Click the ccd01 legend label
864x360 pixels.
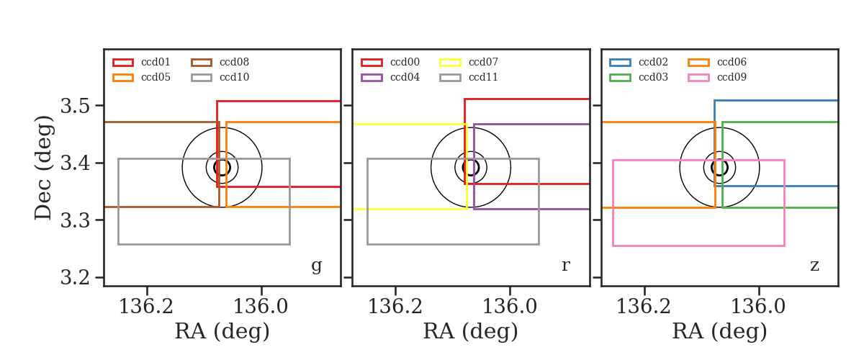(156, 62)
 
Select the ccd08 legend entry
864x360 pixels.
(234, 62)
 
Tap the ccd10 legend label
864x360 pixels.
(234, 77)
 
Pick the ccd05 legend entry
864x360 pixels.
(156, 77)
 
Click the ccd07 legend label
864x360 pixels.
(483, 62)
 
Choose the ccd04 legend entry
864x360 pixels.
(405, 77)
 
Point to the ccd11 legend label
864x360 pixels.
(483, 77)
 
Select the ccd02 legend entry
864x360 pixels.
(653, 62)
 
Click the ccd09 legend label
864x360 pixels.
(732, 77)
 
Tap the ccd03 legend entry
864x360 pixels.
(653, 77)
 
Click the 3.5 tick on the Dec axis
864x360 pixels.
(75, 106)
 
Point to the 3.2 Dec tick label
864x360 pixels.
(75, 277)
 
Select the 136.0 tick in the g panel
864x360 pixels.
(261, 307)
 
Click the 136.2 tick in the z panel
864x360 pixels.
(644, 307)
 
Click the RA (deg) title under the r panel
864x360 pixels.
(471, 332)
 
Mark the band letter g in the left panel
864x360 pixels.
(316, 266)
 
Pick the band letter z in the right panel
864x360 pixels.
(814, 266)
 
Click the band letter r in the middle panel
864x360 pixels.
(565, 266)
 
